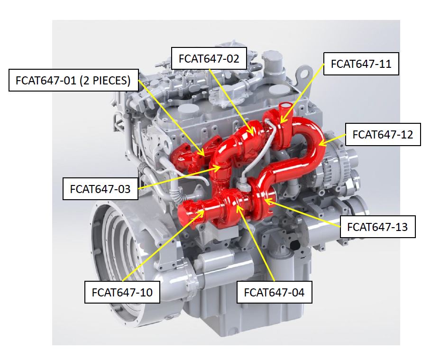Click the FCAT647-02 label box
209,58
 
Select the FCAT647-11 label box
361,64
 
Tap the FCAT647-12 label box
383,135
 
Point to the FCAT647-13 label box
377,227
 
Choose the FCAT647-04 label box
274,292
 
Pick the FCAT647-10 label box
122,292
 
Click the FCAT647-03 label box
101,189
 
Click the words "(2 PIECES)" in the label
105,80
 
